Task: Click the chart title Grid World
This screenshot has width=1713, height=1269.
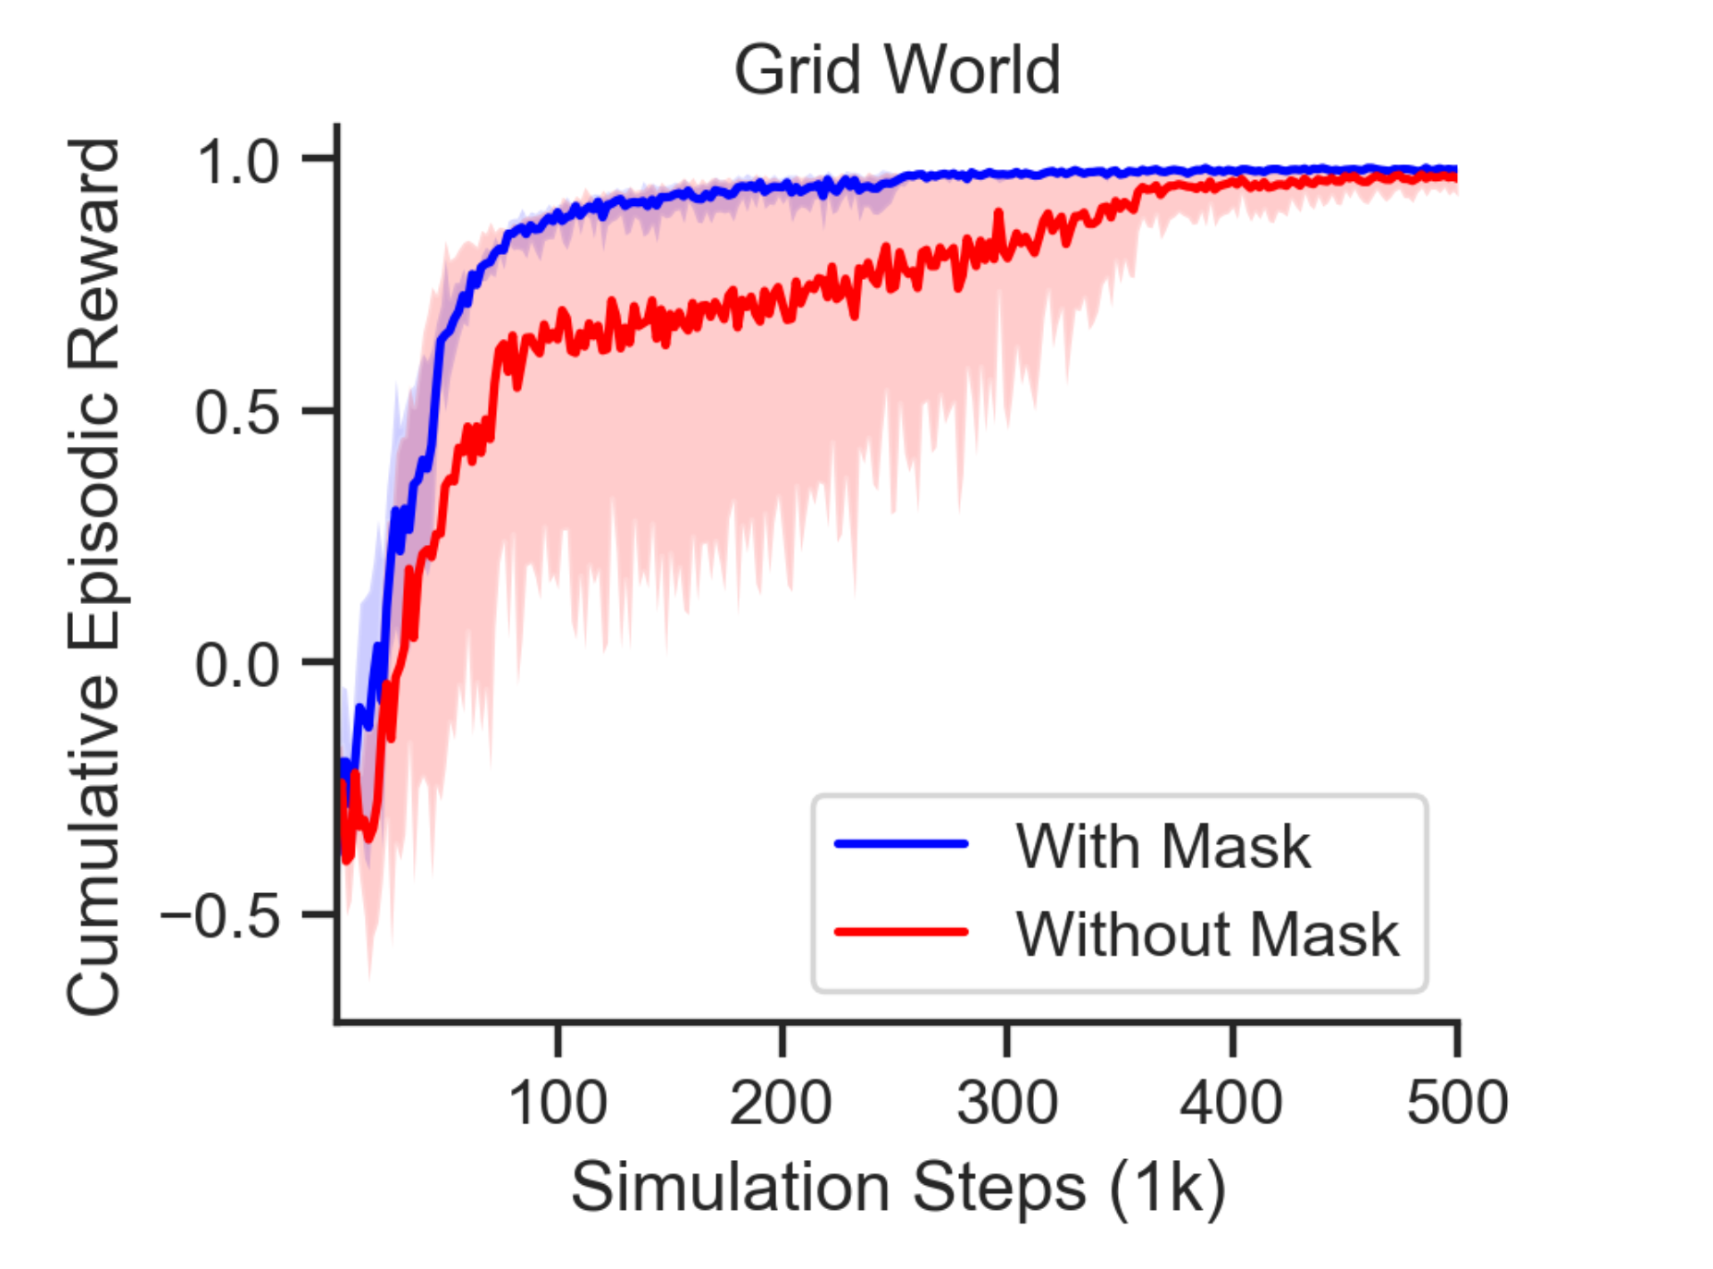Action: tap(896, 70)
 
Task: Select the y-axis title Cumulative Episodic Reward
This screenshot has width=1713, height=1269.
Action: tap(93, 577)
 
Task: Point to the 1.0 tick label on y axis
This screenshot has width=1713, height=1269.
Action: tap(237, 163)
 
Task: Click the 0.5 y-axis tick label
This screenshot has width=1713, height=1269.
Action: tap(237, 413)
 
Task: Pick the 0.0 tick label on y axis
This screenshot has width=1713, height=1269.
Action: tap(237, 664)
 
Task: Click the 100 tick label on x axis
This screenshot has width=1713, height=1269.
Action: tap(557, 1104)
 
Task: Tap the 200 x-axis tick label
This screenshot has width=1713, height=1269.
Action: tap(782, 1104)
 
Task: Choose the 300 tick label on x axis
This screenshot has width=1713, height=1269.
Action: tap(1007, 1104)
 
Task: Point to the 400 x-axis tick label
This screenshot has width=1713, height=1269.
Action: tap(1232, 1104)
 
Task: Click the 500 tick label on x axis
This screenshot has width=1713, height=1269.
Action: tap(1457, 1104)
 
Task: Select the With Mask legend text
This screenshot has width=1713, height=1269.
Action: tap(1162, 846)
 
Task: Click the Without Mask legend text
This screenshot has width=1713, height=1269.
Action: tap(1207, 934)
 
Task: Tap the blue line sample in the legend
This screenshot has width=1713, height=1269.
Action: tap(901, 844)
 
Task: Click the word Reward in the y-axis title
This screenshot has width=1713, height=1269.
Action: tap(93, 254)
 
